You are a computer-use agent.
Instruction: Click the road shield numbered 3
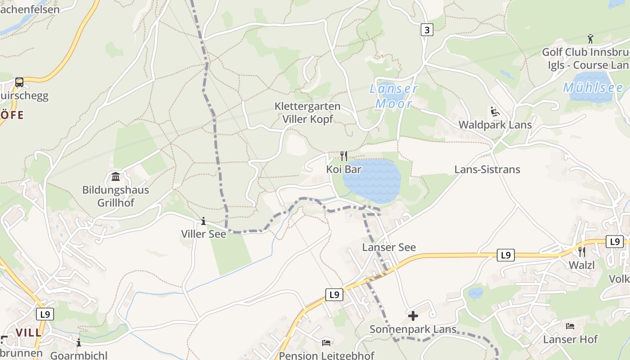(x=427, y=30)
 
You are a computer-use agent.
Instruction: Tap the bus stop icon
(x=19, y=82)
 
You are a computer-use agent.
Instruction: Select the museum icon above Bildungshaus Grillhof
(x=116, y=176)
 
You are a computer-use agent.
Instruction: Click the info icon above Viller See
(x=203, y=221)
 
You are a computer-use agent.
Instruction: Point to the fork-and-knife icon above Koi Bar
(x=344, y=156)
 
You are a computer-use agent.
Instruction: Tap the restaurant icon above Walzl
(x=582, y=252)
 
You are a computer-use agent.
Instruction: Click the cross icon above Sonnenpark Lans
(x=413, y=316)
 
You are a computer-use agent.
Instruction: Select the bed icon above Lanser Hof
(x=570, y=326)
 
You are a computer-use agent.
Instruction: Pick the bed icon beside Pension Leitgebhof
(x=326, y=343)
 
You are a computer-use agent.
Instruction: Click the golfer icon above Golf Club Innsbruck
(x=590, y=39)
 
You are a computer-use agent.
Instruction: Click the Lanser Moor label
(x=394, y=96)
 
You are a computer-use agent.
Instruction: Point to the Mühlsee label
(x=593, y=88)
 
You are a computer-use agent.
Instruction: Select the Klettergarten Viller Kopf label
(x=307, y=113)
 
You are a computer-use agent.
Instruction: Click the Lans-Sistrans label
(x=487, y=170)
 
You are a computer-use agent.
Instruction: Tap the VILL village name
(x=28, y=333)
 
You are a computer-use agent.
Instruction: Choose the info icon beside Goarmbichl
(x=79, y=343)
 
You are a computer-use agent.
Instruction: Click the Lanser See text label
(x=389, y=247)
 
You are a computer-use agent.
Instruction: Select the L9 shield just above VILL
(x=45, y=314)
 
